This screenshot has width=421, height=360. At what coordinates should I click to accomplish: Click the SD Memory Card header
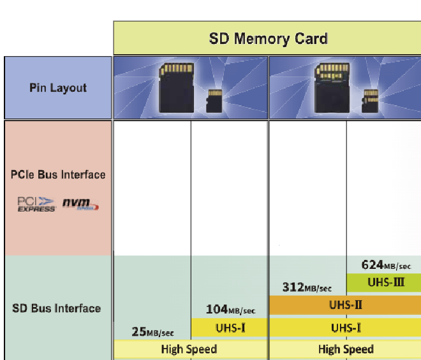[x=268, y=38]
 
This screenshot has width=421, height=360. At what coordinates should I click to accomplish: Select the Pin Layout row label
[x=58, y=88]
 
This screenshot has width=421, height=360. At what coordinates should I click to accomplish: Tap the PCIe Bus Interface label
[x=58, y=175]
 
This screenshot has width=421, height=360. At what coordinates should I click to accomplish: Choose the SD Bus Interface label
[x=57, y=308]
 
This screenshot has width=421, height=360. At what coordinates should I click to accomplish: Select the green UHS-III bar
[x=384, y=282]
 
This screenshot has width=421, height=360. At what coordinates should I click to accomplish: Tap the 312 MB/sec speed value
[x=307, y=287]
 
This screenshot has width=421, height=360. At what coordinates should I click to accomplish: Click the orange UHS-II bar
[x=345, y=305]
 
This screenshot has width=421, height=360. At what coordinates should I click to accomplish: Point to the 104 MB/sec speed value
[x=230, y=310]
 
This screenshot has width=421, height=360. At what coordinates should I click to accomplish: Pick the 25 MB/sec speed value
[x=152, y=331]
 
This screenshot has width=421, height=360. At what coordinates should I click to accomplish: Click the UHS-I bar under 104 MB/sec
[x=229, y=328]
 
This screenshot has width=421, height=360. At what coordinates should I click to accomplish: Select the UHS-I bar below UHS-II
[x=345, y=328]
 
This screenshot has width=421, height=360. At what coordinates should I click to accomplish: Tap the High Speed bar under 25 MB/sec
[x=189, y=349]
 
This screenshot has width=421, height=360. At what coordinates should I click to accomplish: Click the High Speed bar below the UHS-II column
[x=345, y=349]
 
